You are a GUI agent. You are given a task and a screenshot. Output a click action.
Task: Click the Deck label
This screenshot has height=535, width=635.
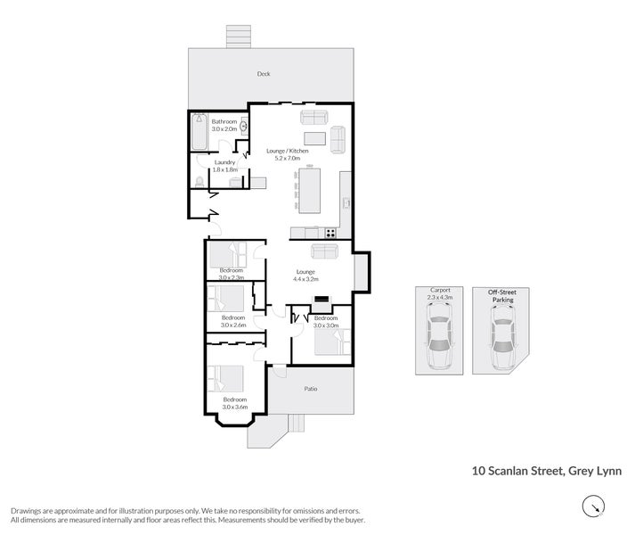click(264, 74)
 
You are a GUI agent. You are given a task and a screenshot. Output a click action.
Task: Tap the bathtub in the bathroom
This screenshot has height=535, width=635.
click(199, 131)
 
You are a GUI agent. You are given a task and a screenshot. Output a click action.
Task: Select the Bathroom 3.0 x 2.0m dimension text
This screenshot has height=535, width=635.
click(224, 129)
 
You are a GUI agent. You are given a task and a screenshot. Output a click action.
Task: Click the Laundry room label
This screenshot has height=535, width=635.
click(224, 162)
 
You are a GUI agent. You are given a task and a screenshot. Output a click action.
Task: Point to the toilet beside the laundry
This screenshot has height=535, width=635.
click(199, 182)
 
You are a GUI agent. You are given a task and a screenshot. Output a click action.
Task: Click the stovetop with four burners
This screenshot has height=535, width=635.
click(330, 233)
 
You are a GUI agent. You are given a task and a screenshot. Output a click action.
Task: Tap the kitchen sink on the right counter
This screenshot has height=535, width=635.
click(346, 202)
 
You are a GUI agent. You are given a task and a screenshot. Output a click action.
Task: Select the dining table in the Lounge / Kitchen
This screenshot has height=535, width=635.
click(309, 191)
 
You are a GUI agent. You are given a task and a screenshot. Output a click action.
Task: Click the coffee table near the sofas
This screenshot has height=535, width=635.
click(314, 138)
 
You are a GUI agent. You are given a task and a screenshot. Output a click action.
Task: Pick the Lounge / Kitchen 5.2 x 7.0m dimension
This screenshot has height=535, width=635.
click(288, 158)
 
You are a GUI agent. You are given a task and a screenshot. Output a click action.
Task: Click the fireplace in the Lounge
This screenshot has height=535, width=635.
click(322, 299)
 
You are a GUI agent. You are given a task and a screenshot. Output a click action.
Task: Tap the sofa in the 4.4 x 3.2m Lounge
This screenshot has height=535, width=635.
click(324, 251)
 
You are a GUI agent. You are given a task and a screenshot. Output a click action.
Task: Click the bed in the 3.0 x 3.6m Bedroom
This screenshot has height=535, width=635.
click(225, 379)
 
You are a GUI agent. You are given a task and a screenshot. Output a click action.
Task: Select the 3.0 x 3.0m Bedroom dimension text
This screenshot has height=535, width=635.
click(326, 325)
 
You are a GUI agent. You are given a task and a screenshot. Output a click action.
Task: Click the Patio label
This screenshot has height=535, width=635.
click(311, 389)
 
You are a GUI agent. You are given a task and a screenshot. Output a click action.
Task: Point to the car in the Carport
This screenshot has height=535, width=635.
click(439, 336)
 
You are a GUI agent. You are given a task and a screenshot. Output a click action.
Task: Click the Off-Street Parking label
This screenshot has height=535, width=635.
click(502, 296)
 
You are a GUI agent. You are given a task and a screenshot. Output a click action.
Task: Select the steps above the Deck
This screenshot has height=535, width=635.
click(238, 37)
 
